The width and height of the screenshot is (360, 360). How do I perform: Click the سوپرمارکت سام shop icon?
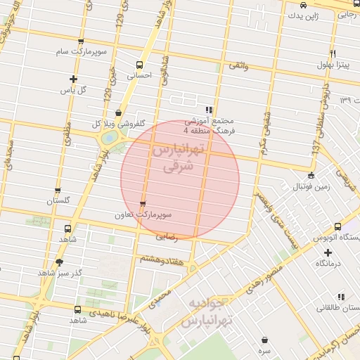(x=82, y=42)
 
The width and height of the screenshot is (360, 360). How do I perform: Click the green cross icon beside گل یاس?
(x=73, y=79)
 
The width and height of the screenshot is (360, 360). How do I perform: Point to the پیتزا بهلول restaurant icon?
(x=332, y=54)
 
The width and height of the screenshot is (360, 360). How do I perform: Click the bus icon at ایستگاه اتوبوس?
(x=338, y=227)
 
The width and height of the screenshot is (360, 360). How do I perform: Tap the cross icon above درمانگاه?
(x=328, y=252)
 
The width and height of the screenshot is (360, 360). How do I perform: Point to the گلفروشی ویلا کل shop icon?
(x=117, y=112)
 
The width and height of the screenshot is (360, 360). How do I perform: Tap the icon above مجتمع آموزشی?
(x=209, y=110)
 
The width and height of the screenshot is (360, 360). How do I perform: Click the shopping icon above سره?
(x=264, y=340)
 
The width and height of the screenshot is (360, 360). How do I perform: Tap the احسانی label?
(x=139, y=74)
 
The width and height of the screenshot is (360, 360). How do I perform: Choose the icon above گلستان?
(x=58, y=190)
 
